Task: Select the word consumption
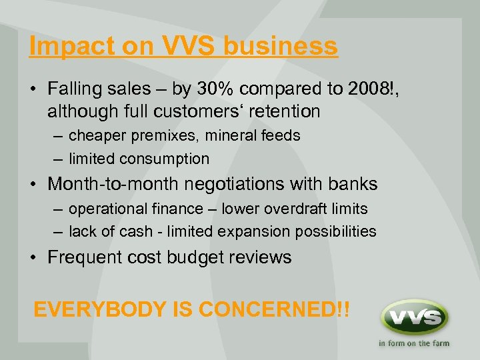tap(165, 159)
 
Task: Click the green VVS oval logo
tap(414, 317)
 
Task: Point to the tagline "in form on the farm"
tap(414, 344)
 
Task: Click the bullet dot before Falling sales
tap(35, 88)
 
